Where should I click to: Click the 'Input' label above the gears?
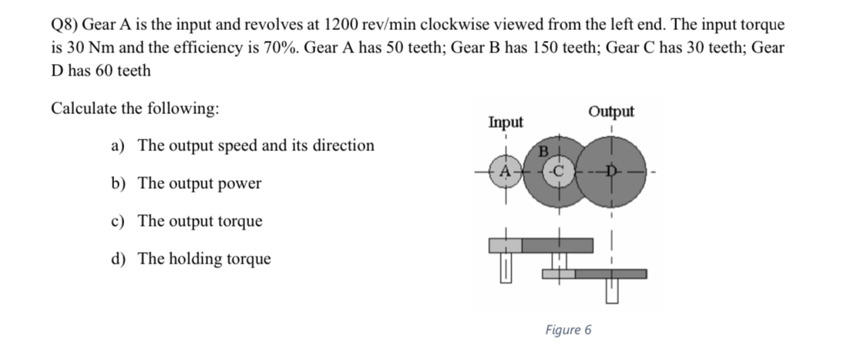[505, 122]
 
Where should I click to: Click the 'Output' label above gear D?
[611, 111]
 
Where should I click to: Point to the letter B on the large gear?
[542, 151]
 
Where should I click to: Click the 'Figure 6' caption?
[568, 330]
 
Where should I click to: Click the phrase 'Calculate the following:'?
[134, 108]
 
